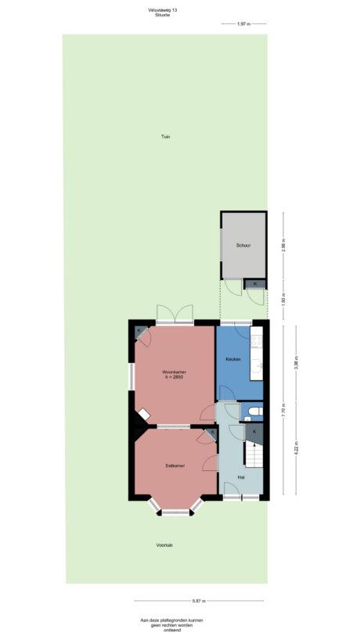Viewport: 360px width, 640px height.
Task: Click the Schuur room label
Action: click(243, 246)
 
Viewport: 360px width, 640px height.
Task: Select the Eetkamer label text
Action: click(175, 466)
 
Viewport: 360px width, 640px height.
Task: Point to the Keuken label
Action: click(232, 359)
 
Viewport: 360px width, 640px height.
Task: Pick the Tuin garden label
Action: click(166, 137)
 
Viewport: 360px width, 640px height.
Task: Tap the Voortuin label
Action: click(164, 545)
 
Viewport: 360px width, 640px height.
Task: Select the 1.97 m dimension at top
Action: click(243, 24)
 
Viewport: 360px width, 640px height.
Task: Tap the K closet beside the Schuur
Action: click(255, 283)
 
